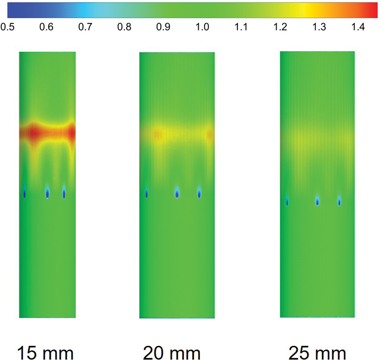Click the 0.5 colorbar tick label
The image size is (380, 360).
point(8,27)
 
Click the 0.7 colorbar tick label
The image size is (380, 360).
point(86,27)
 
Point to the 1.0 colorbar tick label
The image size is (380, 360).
point(202,27)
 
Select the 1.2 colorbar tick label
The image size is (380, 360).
point(280,27)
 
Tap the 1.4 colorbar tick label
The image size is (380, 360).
point(358,27)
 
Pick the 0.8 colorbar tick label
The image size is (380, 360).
point(124,27)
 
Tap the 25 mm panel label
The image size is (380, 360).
point(317,352)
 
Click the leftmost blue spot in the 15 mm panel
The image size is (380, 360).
point(25,193)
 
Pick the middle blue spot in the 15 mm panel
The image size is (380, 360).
point(47,193)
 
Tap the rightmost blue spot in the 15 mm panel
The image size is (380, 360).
point(64,193)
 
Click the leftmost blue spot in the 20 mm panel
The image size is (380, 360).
point(147,194)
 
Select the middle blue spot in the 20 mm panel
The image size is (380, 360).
point(177,194)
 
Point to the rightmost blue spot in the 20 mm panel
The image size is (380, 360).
point(199,194)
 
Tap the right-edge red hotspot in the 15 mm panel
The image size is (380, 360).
point(72,133)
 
